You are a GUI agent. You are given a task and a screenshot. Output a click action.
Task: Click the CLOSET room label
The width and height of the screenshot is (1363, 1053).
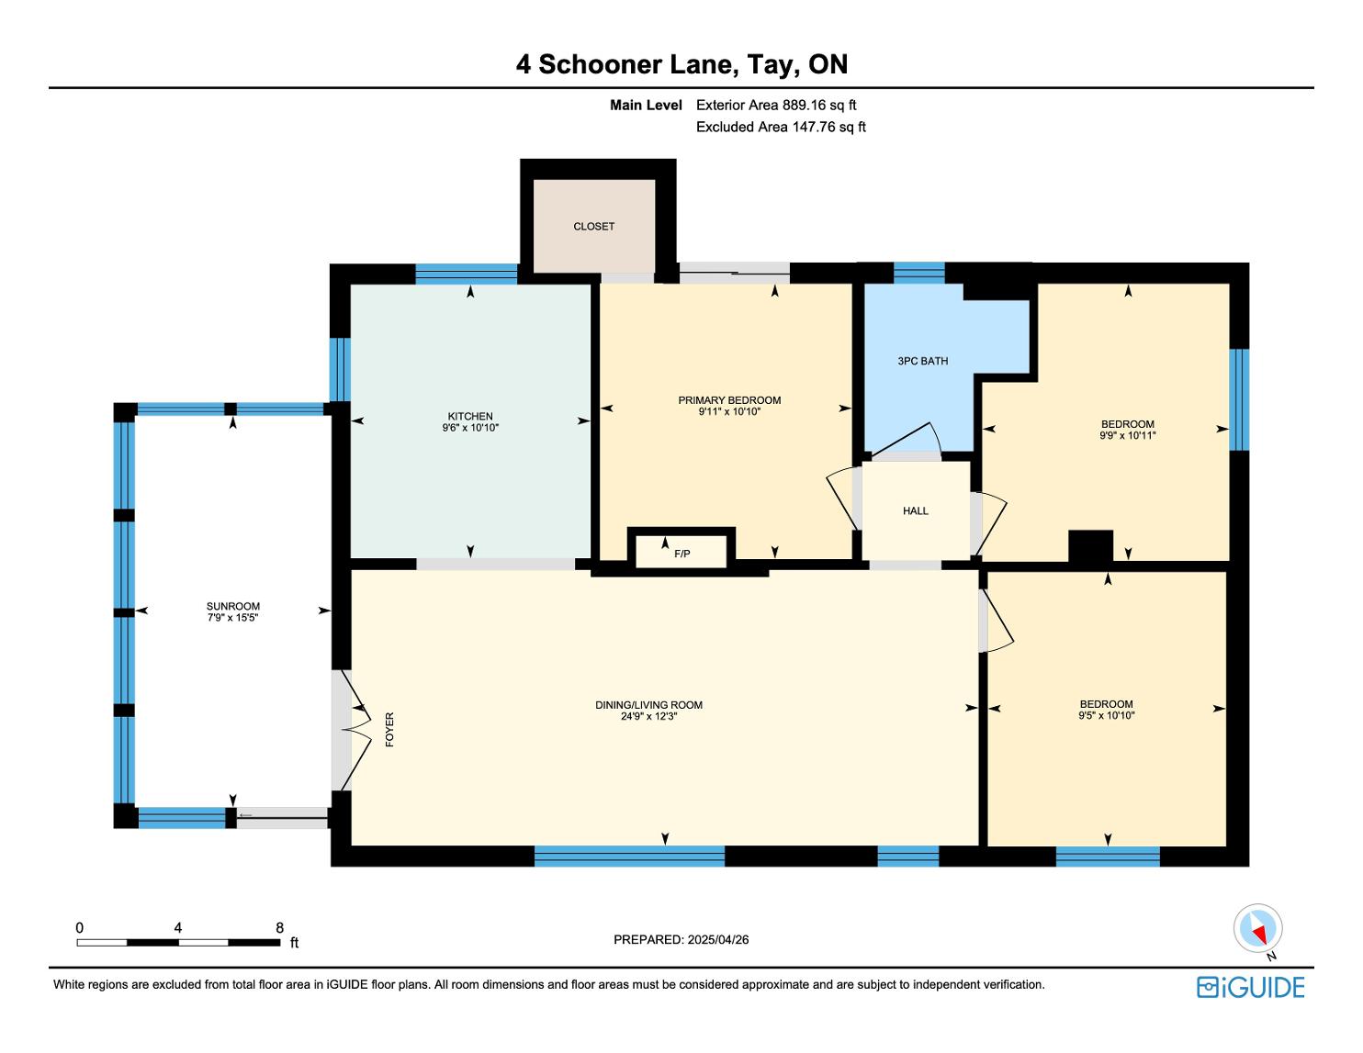pyautogui.click(x=593, y=226)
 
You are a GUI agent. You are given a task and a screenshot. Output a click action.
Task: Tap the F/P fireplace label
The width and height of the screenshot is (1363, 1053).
pyautogui.click(x=681, y=554)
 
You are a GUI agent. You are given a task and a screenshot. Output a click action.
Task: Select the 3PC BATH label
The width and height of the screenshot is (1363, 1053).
pyautogui.click(x=922, y=361)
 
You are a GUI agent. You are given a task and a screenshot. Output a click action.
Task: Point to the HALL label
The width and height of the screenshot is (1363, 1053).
pyautogui.click(x=915, y=510)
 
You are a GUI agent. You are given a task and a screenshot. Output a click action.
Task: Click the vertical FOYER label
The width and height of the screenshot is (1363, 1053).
pyautogui.click(x=389, y=729)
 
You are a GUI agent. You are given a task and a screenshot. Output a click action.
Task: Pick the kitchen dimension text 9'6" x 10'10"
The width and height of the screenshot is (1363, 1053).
pyautogui.click(x=470, y=428)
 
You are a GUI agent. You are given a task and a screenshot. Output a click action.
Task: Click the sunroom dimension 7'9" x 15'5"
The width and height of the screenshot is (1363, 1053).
pyautogui.click(x=232, y=617)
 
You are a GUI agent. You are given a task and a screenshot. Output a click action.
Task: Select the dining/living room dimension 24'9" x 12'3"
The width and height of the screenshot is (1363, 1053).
pyautogui.click(x=648, y=716)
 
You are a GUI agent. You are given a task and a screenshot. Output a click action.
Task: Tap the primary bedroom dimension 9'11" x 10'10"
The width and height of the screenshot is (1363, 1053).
pyautogui.click(x=729, y=412)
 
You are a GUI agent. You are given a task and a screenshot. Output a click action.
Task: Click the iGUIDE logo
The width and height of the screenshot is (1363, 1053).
pyautogui.click(x=1251, y=987)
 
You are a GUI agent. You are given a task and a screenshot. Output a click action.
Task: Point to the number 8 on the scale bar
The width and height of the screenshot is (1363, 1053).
pyautogui.click(x=280, y=927)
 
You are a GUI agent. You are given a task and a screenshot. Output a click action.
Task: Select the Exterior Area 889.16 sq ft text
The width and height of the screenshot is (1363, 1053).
pyautogui.click(x=776, y=106)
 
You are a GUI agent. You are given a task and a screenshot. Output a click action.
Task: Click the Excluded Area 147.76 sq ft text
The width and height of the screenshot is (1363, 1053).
pyautogui.click(x=781, y=128)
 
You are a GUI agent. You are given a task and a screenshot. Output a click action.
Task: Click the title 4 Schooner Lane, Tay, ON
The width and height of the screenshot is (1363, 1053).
pyautogui.click(x=681, y=64)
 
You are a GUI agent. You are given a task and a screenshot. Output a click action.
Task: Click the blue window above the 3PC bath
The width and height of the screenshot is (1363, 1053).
pyautogui.click(x=918, y=274)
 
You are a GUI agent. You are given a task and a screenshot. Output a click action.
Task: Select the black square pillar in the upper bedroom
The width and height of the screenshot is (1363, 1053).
pyautogui.click(x=1091, y=546)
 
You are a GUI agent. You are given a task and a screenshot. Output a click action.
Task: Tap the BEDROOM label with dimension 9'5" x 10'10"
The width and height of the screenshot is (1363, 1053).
pyautogui.click(x=1107, y=704)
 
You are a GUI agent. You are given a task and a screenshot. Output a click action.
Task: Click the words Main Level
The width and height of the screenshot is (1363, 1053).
pyautogui.click(x=646, y=106)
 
